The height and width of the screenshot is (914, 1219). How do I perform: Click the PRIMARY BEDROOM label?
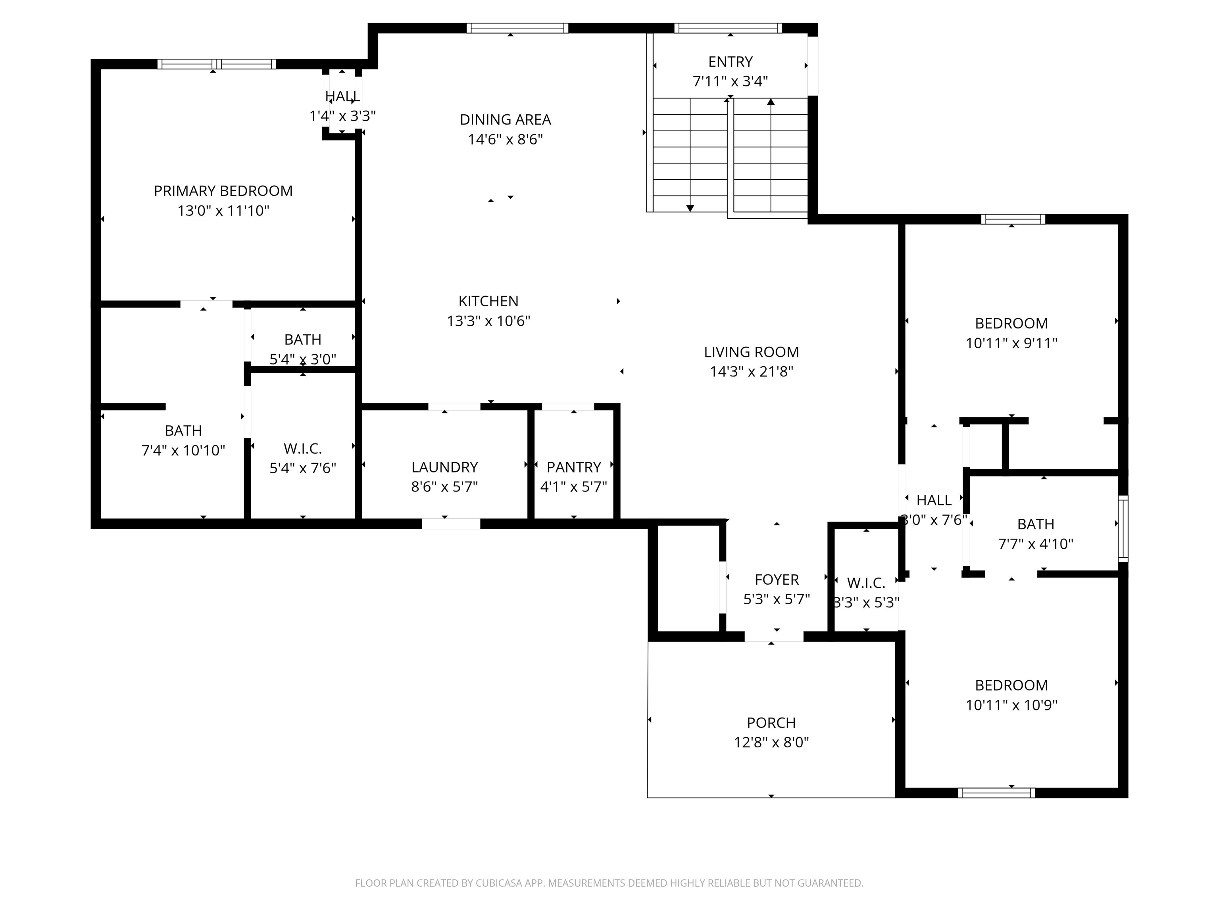(x=223, y=191)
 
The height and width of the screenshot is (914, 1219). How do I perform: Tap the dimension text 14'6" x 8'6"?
(x=506, y=139)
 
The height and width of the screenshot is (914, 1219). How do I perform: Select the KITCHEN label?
(x=488, y=301)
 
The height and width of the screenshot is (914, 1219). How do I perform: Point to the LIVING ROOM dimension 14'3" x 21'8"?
(x=751, y=372)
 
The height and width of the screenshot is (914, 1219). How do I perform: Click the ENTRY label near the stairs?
(x=730, y=62)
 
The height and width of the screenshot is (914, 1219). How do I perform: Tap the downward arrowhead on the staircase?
(x=690, y=208)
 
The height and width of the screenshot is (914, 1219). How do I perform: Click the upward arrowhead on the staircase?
(x=771, y=102)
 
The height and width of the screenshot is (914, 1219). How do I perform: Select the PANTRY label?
(x=574, y=467)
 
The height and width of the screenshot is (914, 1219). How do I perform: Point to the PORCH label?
(x=771, y=723)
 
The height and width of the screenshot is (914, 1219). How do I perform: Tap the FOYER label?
(x=777, y=580)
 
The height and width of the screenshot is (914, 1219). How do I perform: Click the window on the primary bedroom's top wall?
(x=217, y=64)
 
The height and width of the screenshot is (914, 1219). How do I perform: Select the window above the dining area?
(x=517, y=28)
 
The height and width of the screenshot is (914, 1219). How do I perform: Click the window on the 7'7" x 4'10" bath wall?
(x=1123, y=529)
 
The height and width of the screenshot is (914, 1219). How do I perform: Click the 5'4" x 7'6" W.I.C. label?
(x=302, y=448)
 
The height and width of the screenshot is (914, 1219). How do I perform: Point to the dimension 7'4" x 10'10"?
(x=183, y=451)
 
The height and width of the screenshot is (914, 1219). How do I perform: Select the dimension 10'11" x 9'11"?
(x=1011, y=343)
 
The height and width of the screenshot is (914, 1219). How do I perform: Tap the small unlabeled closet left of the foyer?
(x=689, y=578)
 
